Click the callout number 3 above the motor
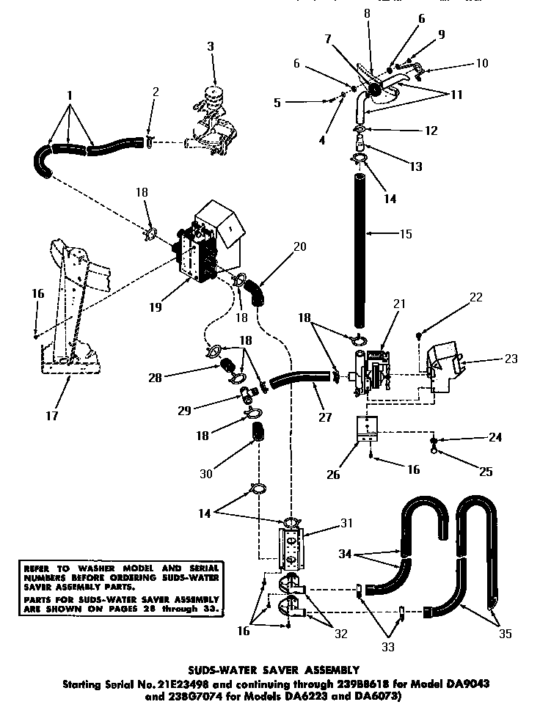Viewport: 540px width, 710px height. [x=212, y=46]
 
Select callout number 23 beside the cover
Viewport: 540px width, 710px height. [x=511, y=359]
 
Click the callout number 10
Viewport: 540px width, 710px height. [x=481, y=64]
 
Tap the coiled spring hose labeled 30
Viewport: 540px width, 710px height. [x=258, y=433]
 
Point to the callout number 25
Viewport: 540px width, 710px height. [x=486, y=472]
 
